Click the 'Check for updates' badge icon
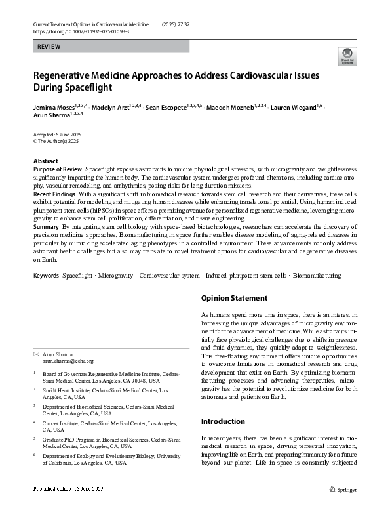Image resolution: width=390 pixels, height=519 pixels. click(347, 56)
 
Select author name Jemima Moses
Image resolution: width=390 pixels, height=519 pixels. click(54, 106)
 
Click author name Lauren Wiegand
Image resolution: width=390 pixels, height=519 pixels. click(294, 106)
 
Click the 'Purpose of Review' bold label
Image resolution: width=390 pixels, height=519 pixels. click(58, 169)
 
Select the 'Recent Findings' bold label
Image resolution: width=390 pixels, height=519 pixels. click(54, 195)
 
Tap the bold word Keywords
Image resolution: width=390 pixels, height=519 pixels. click(47, 275)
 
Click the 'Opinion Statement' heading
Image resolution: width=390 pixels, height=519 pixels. click(234, 297)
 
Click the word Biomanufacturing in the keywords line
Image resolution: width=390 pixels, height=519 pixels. click(317, 275)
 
